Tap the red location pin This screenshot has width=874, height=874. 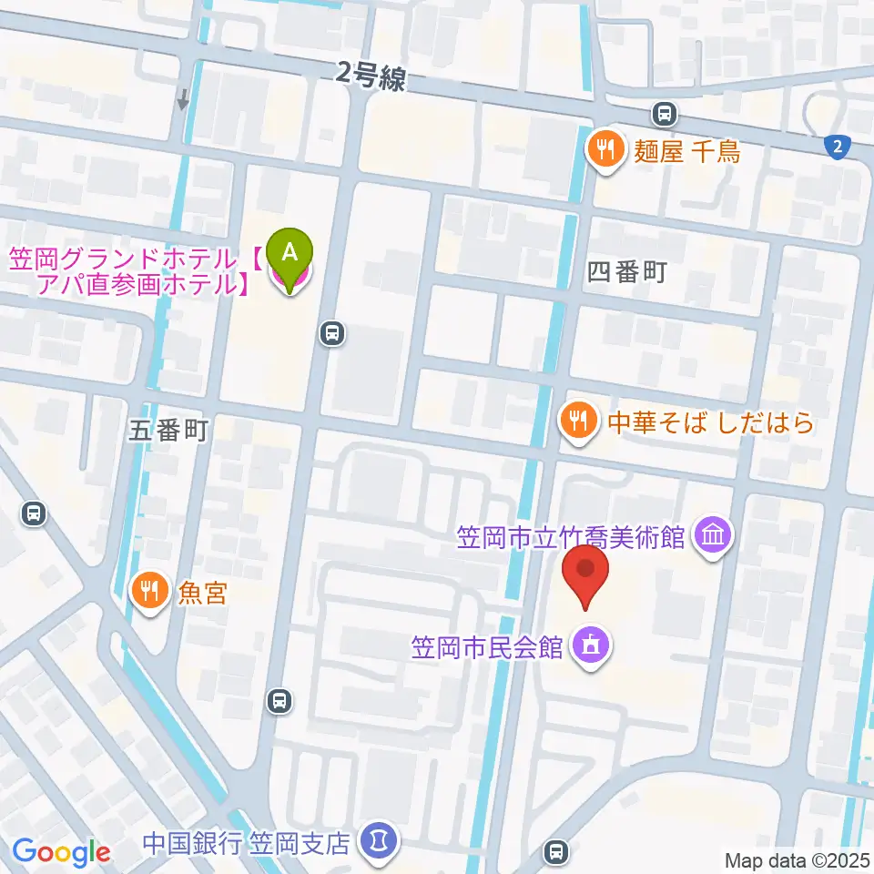[586, 574]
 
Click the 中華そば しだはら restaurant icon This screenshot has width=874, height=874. [577, 420]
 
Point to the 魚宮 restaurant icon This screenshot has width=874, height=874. [148, 593]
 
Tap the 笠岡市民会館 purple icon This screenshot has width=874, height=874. [591, 647]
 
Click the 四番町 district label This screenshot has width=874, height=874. [627, 271]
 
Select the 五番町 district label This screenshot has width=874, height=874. [168, 431]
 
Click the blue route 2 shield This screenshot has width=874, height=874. [836, 146]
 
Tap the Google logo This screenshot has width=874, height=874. [62, 852]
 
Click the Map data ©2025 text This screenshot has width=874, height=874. [796, 859]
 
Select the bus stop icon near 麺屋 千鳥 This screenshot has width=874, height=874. [665, 114]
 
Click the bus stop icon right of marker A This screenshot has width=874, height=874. [332, 333]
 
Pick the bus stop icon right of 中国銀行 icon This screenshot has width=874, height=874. [554, 852]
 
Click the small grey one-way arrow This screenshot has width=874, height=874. [184, 98]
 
